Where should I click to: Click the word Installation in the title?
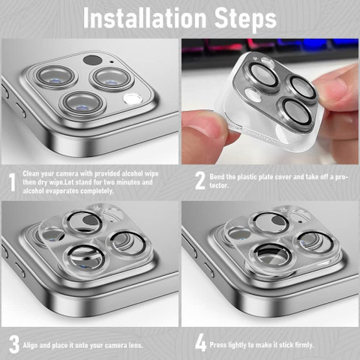[x=145, y=18]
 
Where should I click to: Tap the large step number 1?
[x=12, y=182]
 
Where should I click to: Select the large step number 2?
[x=200, y=181]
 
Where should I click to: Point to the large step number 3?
[x=14, y=344]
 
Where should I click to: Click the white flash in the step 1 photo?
[x=133, y=99]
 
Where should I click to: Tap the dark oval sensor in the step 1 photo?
[x=92, y=60]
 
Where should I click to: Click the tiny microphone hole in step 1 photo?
[x=112, y=61]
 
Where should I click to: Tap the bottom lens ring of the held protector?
[x=295, y=113]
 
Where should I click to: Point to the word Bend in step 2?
[x=217, y=177]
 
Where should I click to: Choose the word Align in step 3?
[x=30, y=346]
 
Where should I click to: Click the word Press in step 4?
[x=218, y=345]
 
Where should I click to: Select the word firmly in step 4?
[x=304, y=345]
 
